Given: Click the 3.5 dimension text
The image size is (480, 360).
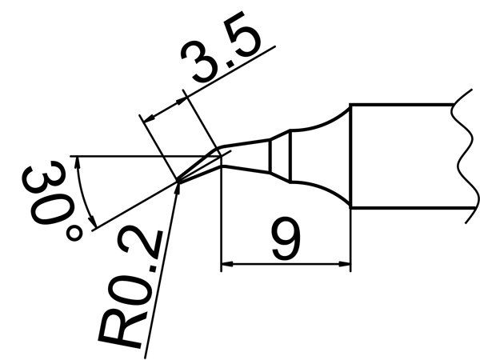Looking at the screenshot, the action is (221, 47).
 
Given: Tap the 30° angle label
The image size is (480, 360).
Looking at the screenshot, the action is (51, 201).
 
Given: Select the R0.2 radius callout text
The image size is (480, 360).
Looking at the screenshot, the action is (131, 288).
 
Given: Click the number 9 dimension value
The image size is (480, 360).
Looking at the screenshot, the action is (286, 238).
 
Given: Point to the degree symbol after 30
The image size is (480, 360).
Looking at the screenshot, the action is (74, 234).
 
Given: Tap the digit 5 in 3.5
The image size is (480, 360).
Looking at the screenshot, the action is (242, 34).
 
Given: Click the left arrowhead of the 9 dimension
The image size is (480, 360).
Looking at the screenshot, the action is (227, 263).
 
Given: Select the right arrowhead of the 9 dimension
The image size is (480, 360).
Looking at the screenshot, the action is (344, 263).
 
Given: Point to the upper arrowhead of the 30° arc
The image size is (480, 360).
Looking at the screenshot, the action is (78, 162).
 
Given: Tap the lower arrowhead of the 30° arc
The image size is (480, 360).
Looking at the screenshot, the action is (93, 222).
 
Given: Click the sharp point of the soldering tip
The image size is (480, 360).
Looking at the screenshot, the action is (178, 182).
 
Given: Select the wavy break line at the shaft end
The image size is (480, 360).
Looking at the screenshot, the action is (465, 156).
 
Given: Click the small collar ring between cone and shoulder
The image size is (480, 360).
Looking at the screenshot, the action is (280, 156).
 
